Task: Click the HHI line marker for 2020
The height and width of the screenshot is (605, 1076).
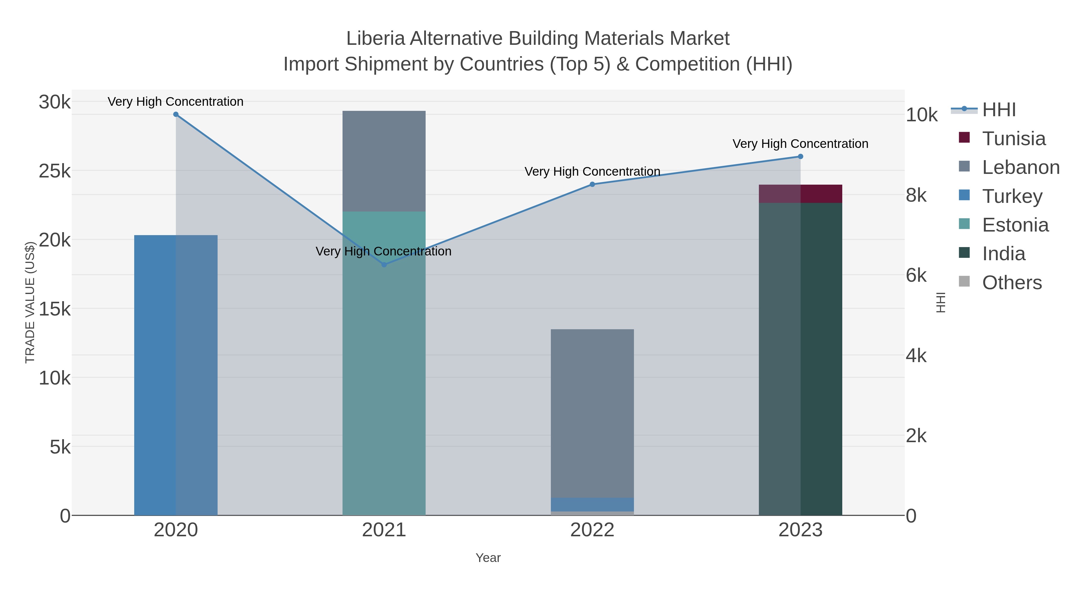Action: (x=176, y=114)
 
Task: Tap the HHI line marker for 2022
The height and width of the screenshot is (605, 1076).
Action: (x=592, y=184)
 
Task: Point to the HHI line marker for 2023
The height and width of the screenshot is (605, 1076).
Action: (x=800, y=157)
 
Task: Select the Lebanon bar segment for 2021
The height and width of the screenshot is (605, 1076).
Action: (x=384, y=161)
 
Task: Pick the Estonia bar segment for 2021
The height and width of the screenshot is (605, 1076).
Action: (x=384, y=363)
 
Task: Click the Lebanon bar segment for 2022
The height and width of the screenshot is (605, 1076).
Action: (x=592, y=413)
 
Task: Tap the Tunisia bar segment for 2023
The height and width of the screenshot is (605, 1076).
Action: (x=800, y=194)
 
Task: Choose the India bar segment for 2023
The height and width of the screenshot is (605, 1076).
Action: (x=800, y=359)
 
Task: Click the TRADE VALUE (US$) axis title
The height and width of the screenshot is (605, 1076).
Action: (x=30, y=302)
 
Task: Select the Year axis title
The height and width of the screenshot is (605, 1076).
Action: (x=488, y=558)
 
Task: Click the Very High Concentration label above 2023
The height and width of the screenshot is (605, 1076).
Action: (x=800, y=144)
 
